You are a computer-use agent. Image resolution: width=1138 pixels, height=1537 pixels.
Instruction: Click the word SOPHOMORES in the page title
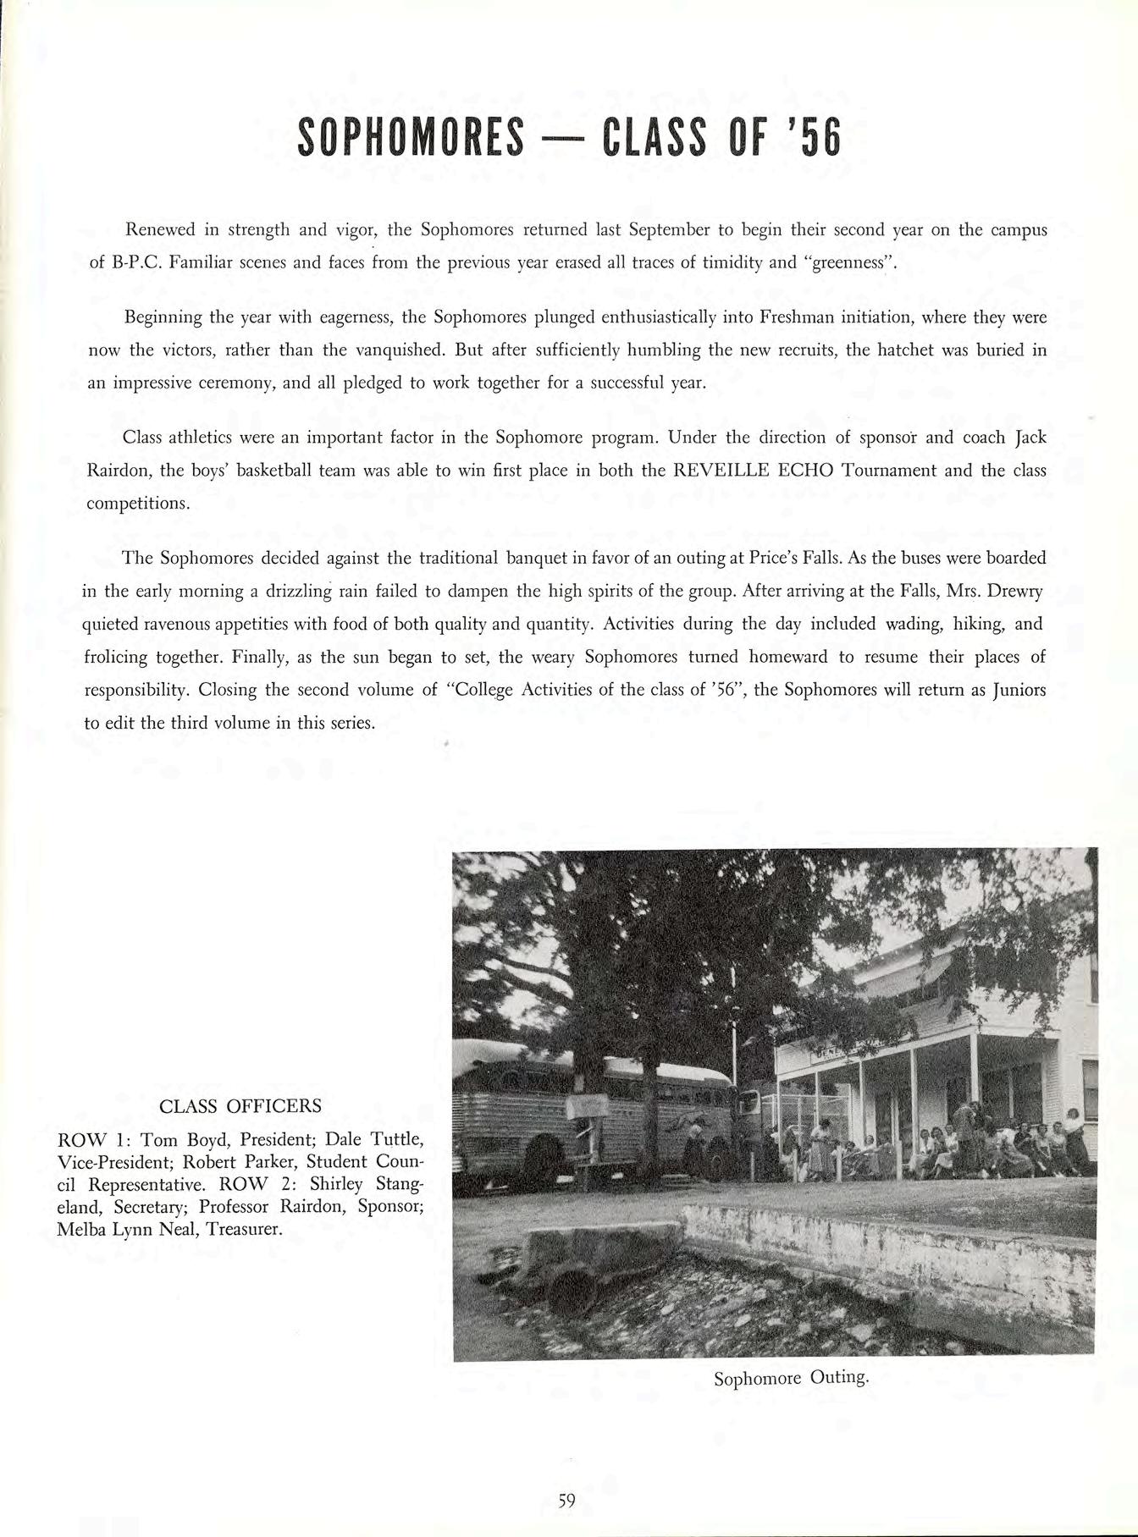click(411, 139)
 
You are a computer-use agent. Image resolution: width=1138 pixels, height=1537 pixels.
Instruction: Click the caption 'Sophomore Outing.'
click(791, 1378)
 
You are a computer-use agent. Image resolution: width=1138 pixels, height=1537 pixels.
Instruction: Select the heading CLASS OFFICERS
click(240, 1105)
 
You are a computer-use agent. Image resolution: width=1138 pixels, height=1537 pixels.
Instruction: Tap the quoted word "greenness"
click(853, 262)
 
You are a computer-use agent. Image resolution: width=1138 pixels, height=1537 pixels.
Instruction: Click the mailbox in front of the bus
click(586, 1105)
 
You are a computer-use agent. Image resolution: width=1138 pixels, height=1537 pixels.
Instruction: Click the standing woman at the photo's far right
click(1075, 1138)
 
